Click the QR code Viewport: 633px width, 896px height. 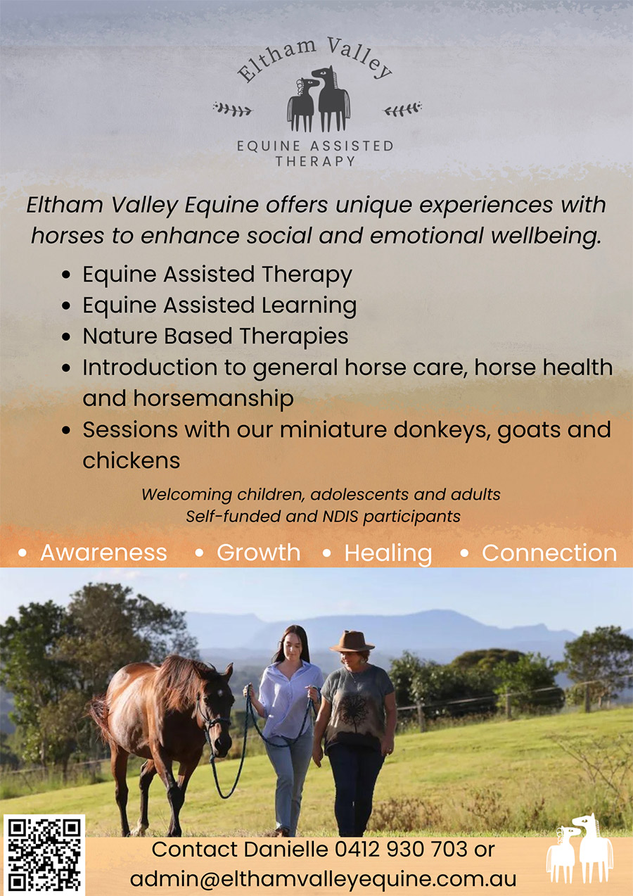44,854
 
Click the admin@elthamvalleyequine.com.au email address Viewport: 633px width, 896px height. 323,879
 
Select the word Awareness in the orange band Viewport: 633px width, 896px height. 103,553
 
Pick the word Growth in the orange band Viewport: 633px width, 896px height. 258,553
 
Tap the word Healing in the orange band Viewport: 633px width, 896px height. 388,553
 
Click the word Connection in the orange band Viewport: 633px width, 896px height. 549,553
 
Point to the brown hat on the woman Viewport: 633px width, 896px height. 352,641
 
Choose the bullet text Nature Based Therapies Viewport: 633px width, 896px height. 215,336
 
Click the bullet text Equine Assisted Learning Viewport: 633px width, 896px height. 219,305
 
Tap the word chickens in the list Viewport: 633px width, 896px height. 132,460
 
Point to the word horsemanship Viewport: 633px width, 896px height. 188,398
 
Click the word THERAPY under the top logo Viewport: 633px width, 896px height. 315,161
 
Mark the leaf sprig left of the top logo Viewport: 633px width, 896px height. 232,108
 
